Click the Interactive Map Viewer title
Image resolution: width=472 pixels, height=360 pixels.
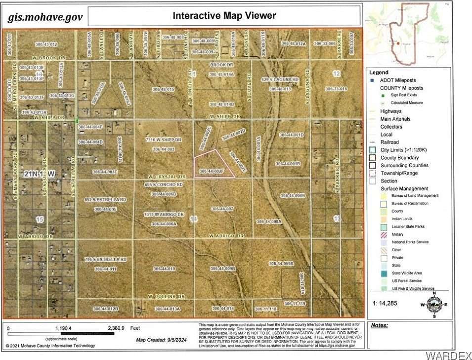click(x=224, y=15)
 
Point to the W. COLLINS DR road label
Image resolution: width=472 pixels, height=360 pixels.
click(x=167, y=296)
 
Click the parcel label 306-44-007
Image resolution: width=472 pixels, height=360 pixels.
click(x=221, y=209)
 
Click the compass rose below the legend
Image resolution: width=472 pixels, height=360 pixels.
click(x=433, y=304)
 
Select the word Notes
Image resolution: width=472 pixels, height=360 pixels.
click(x=379, y=325)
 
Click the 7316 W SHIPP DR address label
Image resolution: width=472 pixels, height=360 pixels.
click(x=164, y=140)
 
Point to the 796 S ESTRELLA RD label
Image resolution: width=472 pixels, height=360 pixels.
click(x=105, y=259)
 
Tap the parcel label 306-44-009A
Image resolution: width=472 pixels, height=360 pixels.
click(x=281, y=264)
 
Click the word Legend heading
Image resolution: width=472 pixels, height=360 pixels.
click(x=380, y=72)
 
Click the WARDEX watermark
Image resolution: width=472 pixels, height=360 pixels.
click(x=447, y=355)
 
